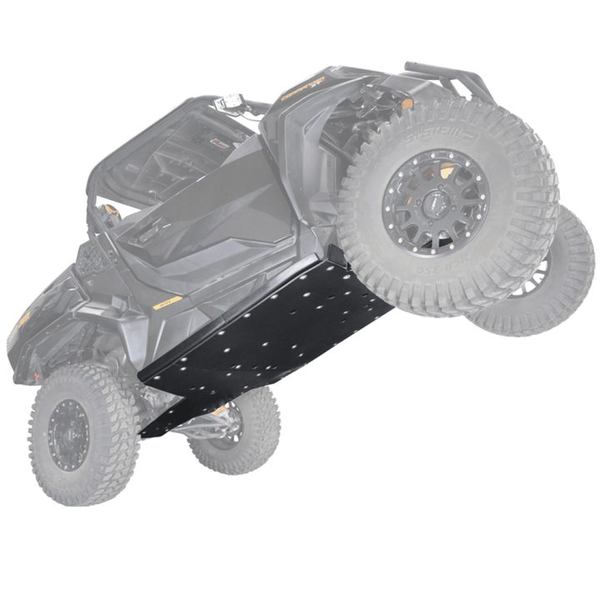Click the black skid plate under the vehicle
(x=267, y=333)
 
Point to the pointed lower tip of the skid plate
(x=147, y=434)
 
